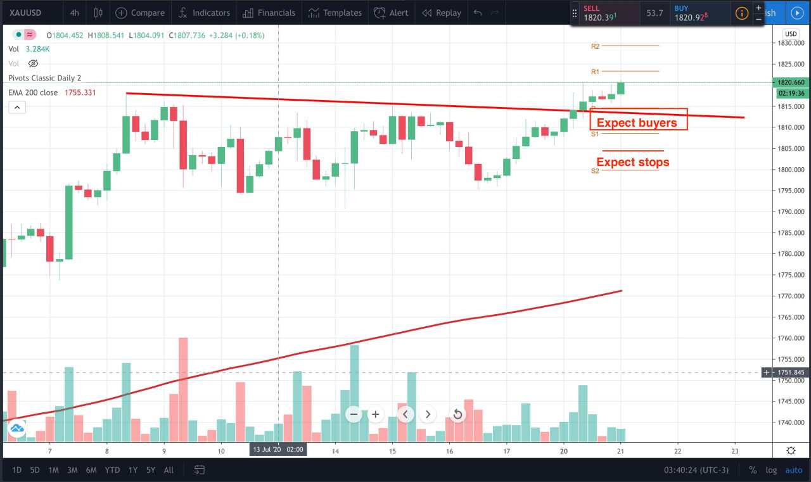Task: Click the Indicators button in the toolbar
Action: pos(204,13)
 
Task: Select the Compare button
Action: pos(140,13)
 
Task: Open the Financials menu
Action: pos(269,13)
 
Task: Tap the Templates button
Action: pos(335,13)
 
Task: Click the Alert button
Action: pos(391,13)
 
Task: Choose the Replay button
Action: pos(442,13)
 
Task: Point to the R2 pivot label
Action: pos(595,46)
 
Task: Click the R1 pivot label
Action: pos(595,72)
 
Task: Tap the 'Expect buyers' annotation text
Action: pos(637,123)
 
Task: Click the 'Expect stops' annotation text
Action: pos(632,162)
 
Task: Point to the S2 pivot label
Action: pos(595,171)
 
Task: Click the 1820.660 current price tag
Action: pos(789,82)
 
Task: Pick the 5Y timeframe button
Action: pos(151,470)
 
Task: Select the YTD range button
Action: pos(112,470)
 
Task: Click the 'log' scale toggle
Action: pos(771,470)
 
